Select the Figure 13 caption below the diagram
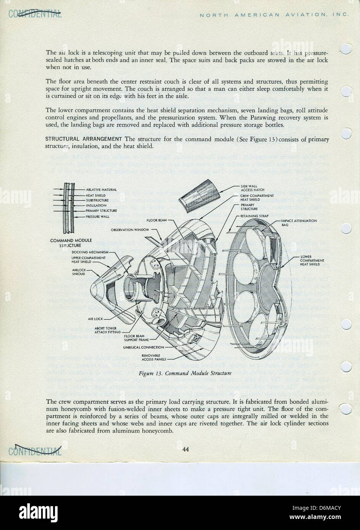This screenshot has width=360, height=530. click(x=185, y=373)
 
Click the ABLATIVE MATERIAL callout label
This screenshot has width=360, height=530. click(x=101, y=190)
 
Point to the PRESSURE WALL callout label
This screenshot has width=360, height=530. click(x=97, y=216)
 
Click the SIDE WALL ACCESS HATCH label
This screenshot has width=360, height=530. click(x=252, y=188)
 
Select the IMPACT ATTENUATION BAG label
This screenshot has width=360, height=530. click(x=299, y=223)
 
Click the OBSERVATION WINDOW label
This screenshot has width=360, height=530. click(x=130, y=230)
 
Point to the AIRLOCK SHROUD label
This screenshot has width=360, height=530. click(x=79, y=271)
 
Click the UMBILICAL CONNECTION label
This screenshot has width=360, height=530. click(x=143, y=347)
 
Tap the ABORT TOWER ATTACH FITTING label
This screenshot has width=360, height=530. click(x=106, y=330)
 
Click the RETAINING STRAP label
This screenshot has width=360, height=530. click(x=254, y=216)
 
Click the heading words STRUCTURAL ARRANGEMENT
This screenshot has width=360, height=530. click(x=84, y=139)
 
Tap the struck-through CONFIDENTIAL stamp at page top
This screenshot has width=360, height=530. click(x=35, y=14)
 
